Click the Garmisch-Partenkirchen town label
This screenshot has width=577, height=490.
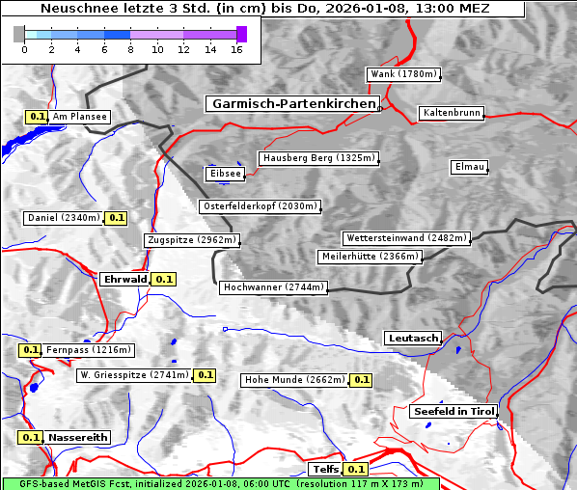point(292,103)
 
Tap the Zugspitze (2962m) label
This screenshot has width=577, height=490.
point(191,240)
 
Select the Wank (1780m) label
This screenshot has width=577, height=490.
point(403,74)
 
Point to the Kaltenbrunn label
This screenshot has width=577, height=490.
point(451,113)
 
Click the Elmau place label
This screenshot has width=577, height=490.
point(469,167)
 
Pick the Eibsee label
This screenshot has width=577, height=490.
point(224,174)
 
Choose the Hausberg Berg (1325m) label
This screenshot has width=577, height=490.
point(318,158)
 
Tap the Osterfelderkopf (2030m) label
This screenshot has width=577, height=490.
point(260,206)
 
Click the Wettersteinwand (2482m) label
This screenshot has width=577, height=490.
point(405,238)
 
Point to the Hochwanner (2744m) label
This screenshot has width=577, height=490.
point(274,287)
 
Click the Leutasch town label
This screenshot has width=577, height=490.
point(413,339)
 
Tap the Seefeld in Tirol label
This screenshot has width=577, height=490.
point(453,411)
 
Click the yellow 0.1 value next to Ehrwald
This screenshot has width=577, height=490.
point(164,279)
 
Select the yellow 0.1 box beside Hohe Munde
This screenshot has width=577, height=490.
point(361,380)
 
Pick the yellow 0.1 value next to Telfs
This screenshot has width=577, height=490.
point(355,470)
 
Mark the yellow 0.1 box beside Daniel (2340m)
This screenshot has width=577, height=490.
point(116,218)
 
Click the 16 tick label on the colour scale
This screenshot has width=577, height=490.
point(236,49)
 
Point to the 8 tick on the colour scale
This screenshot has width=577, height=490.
point(130,49)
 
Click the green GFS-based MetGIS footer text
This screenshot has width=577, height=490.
point(220,483)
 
